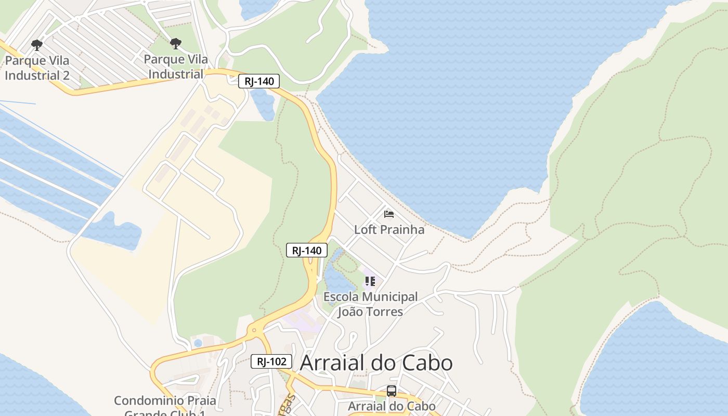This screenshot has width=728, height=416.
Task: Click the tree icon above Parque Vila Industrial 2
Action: tap(36, 45)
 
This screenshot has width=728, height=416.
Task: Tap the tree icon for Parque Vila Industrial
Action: tap(176, 43)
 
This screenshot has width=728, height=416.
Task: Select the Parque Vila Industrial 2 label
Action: tap(37, 68)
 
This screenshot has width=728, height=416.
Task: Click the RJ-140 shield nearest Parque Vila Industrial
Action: tap(259, 81)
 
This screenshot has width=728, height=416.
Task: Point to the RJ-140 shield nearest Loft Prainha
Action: tap(307, 250)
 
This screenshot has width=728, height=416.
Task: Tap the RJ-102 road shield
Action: tap(271, 361)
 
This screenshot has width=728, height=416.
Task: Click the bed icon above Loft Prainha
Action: tap(388, 214)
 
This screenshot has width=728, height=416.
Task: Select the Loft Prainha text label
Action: tap(389, 229)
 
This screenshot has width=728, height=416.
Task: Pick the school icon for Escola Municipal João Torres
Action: tap(370, 281)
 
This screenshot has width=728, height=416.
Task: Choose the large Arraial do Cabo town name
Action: tap(376, 362)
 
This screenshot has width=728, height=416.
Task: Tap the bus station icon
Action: tap(392, 391)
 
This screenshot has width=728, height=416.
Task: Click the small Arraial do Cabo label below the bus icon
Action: tap(392, 406)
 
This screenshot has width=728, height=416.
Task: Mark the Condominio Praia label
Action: tap(165, 401)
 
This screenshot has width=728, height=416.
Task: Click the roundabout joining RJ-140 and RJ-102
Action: tap(254, 330)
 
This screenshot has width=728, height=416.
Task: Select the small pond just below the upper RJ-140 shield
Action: tap(263, 104)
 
